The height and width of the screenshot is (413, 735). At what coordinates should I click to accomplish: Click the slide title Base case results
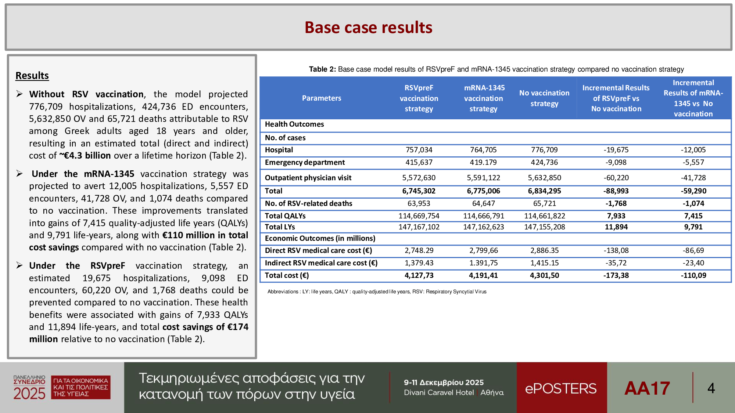(368, 28)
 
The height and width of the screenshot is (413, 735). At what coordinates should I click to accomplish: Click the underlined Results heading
(32, 76)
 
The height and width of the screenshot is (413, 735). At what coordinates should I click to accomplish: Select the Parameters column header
(321, 98)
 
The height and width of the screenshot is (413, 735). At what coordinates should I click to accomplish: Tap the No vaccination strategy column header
(544, 98)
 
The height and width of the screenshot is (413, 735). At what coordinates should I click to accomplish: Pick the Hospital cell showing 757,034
(419, 150)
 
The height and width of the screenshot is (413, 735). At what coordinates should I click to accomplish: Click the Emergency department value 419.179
(483, 162)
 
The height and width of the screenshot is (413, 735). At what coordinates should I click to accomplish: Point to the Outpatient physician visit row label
(308, 178)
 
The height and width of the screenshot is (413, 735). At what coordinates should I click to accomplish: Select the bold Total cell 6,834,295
(544, 191)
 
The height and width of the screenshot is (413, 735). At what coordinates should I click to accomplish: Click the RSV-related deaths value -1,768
(616, 203)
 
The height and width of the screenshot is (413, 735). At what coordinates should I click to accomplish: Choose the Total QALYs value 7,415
(693, 216)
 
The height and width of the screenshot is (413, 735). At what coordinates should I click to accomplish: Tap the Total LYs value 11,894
(616, 227)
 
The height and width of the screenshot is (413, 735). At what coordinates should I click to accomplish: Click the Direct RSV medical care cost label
(318, 250)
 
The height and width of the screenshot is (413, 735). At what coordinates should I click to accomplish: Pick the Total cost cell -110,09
(693, 275)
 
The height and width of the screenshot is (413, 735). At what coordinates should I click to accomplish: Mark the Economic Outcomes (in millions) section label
(320, 238)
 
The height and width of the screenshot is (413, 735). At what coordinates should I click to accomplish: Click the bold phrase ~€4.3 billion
(85, 156)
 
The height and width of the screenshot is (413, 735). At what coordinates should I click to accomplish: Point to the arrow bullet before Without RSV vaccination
(19, 94)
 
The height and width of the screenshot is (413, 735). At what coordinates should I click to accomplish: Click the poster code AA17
(647, 388)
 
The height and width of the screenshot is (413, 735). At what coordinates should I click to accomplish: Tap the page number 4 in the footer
(711, 388)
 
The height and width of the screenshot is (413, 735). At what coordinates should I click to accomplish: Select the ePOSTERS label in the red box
(561, 388)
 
